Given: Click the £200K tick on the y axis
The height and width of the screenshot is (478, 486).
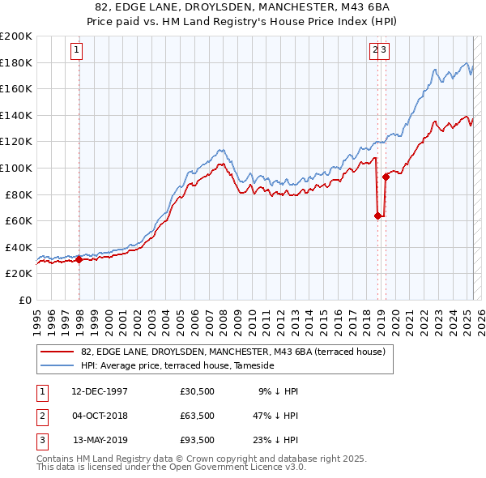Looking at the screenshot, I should point(16,36).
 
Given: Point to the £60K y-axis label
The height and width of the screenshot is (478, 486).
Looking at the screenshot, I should point(19,220).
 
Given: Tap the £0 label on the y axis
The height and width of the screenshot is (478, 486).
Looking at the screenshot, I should point(25,300).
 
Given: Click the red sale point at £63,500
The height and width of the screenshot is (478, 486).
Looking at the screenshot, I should point(377,216).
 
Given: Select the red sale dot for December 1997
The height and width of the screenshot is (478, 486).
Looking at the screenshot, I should point(79,259).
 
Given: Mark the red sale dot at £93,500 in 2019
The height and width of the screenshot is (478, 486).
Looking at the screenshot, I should point(386,177).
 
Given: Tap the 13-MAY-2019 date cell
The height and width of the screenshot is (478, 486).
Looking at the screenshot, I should point(100,442).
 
